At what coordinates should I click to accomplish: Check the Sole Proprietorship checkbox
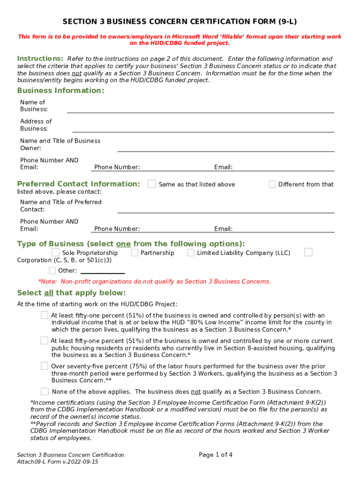point(55,253)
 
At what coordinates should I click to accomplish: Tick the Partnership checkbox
point(135,253)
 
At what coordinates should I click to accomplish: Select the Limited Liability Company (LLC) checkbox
point(191,253)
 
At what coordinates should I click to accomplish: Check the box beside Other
point(52,270)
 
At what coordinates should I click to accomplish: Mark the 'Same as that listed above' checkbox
point(151,184)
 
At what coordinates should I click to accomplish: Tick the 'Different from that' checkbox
point(272,184)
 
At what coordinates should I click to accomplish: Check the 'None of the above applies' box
point(44,392)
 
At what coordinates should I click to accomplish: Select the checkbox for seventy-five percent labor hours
point(44,366)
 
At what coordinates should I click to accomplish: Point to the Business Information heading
point(60,90)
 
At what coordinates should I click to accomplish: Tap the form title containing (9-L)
point(180,22)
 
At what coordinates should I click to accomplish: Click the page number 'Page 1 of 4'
point(216,455)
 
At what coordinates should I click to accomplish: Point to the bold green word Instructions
point(40,58)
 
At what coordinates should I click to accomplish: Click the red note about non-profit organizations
point(154,282)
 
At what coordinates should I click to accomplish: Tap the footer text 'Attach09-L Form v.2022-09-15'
point(58,462)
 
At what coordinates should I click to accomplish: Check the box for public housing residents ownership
point(44,340)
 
